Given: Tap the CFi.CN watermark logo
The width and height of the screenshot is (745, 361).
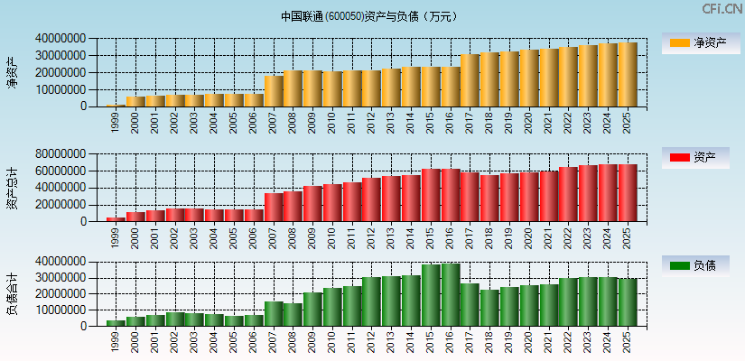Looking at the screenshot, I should click(722, 9).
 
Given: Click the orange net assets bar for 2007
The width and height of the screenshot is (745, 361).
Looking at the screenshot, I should click(274, 91).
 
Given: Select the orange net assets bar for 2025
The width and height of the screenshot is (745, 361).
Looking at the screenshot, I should click(628, 75).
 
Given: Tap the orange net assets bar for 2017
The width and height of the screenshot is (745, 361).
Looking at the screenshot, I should click(470, 80).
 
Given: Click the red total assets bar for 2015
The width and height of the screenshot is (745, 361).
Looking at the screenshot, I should click(431, 196).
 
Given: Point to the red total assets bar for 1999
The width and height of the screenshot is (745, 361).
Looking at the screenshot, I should click(116, 219).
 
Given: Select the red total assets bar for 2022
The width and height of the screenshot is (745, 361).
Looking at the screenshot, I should click(569, 194).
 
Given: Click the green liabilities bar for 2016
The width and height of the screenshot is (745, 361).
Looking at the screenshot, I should click(451, 295).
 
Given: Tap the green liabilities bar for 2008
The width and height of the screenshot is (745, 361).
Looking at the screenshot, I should click(293, 315).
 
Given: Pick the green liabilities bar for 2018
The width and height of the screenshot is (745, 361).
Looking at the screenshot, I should click(489, 308).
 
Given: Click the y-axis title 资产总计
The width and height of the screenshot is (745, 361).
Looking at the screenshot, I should click(13, 188).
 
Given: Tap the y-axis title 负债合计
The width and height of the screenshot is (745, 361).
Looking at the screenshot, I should click(13, 294).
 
